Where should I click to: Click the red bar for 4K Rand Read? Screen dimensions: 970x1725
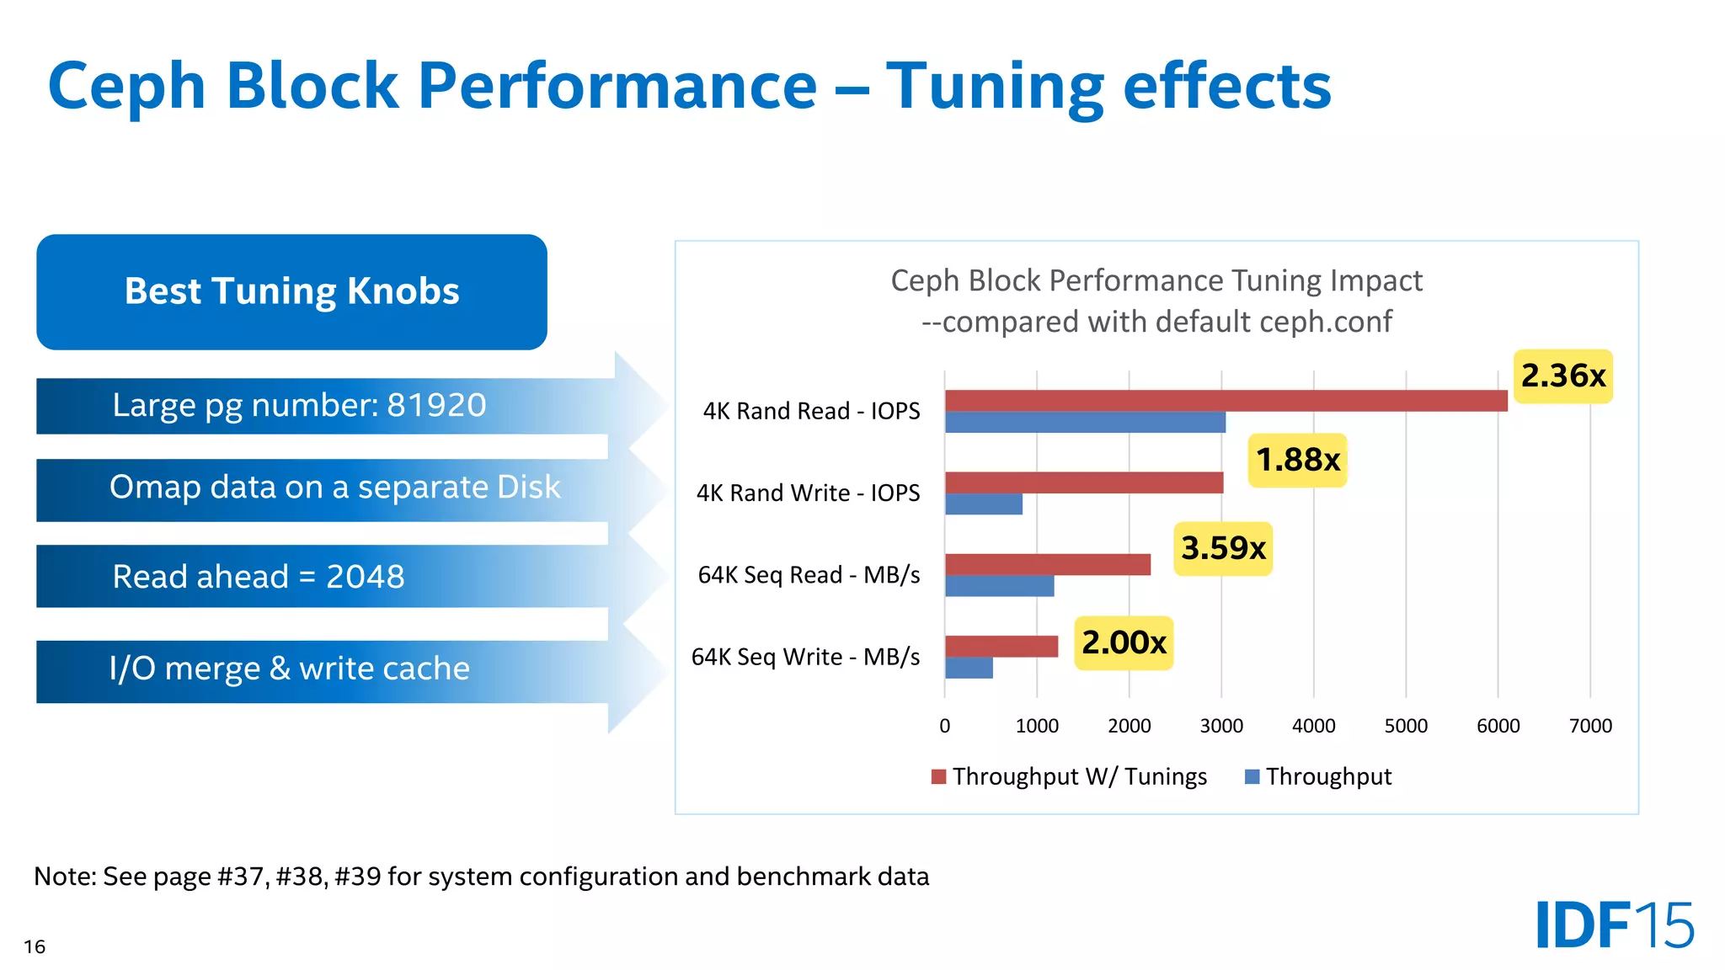(1226, 401)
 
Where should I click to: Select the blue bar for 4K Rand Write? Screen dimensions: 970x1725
(983, 504)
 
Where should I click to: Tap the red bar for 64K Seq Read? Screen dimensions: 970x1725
(1047, 564)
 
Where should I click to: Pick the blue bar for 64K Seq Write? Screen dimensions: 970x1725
(969, 668)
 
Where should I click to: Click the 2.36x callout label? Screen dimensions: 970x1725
(1562, 376)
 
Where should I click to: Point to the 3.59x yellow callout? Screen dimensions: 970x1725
(1222, 548)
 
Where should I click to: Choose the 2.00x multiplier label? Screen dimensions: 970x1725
(1123, 642)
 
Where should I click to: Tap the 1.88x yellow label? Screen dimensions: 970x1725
(1297, 460)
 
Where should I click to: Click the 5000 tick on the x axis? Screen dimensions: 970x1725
(1406, 726)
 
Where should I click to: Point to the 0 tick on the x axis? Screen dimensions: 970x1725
(944, 726)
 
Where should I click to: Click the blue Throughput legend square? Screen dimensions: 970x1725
(1252, 776)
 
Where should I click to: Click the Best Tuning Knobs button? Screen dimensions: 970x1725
(291, 291)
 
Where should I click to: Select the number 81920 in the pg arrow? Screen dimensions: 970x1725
(435, 405)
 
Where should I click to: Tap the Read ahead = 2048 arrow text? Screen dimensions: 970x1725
(259, 577)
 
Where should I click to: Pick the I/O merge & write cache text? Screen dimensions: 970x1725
(289, 669)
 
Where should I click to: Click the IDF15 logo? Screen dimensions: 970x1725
(1614, 925)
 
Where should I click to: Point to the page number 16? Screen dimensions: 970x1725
(35, 946)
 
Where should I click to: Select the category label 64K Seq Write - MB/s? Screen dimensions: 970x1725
(805, 657)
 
